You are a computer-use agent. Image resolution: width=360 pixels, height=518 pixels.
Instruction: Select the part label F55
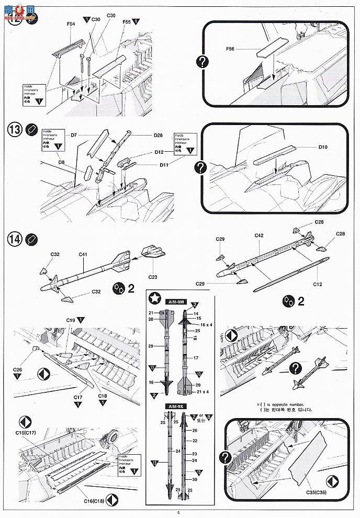tap(126, 22)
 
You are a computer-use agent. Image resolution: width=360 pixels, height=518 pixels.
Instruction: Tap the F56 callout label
tap(230, 49)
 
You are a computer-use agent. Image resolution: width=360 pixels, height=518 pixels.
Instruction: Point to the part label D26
tap(159, 136)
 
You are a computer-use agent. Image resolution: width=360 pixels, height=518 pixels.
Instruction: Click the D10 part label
tap(324, 147)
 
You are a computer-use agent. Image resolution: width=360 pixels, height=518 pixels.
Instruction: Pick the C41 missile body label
tap(83, 255)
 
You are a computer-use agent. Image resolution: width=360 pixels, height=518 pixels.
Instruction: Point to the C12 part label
tap(317, 284)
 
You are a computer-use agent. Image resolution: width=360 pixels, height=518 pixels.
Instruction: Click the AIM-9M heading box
tap(176, 302)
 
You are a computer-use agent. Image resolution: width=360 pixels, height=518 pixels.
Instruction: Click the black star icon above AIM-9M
tap(155, 299)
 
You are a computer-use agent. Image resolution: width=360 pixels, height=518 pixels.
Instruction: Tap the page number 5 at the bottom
tap(178, 512)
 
